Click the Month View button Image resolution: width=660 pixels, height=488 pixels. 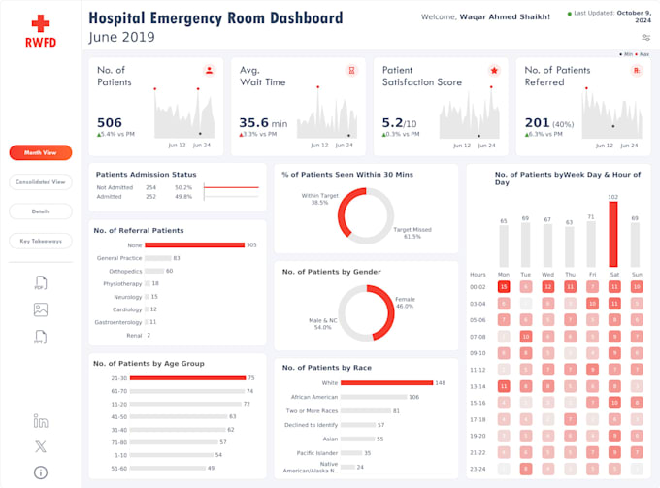coord(40,152)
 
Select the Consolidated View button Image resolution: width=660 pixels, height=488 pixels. coord(40,181)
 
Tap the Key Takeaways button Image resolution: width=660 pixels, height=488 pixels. coord(40,241)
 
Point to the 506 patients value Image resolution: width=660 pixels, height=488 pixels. coord(110,122)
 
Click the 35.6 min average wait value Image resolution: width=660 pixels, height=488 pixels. coord(254,122)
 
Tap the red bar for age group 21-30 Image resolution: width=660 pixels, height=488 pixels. coord(186,378)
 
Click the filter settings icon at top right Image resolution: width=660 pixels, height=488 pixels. coord(645,37)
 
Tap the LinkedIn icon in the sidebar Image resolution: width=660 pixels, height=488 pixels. coord(40,420)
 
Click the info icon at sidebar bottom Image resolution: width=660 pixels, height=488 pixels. coord(40,472)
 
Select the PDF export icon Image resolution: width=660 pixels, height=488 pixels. coord(40,282)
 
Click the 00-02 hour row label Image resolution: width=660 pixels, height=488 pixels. coord(478,286)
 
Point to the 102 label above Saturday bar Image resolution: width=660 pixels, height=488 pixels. coord(612,197)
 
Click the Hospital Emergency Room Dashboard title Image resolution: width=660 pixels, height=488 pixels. coord(215,17)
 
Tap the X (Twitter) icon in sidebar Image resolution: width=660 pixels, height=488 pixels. coord(40,446)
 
